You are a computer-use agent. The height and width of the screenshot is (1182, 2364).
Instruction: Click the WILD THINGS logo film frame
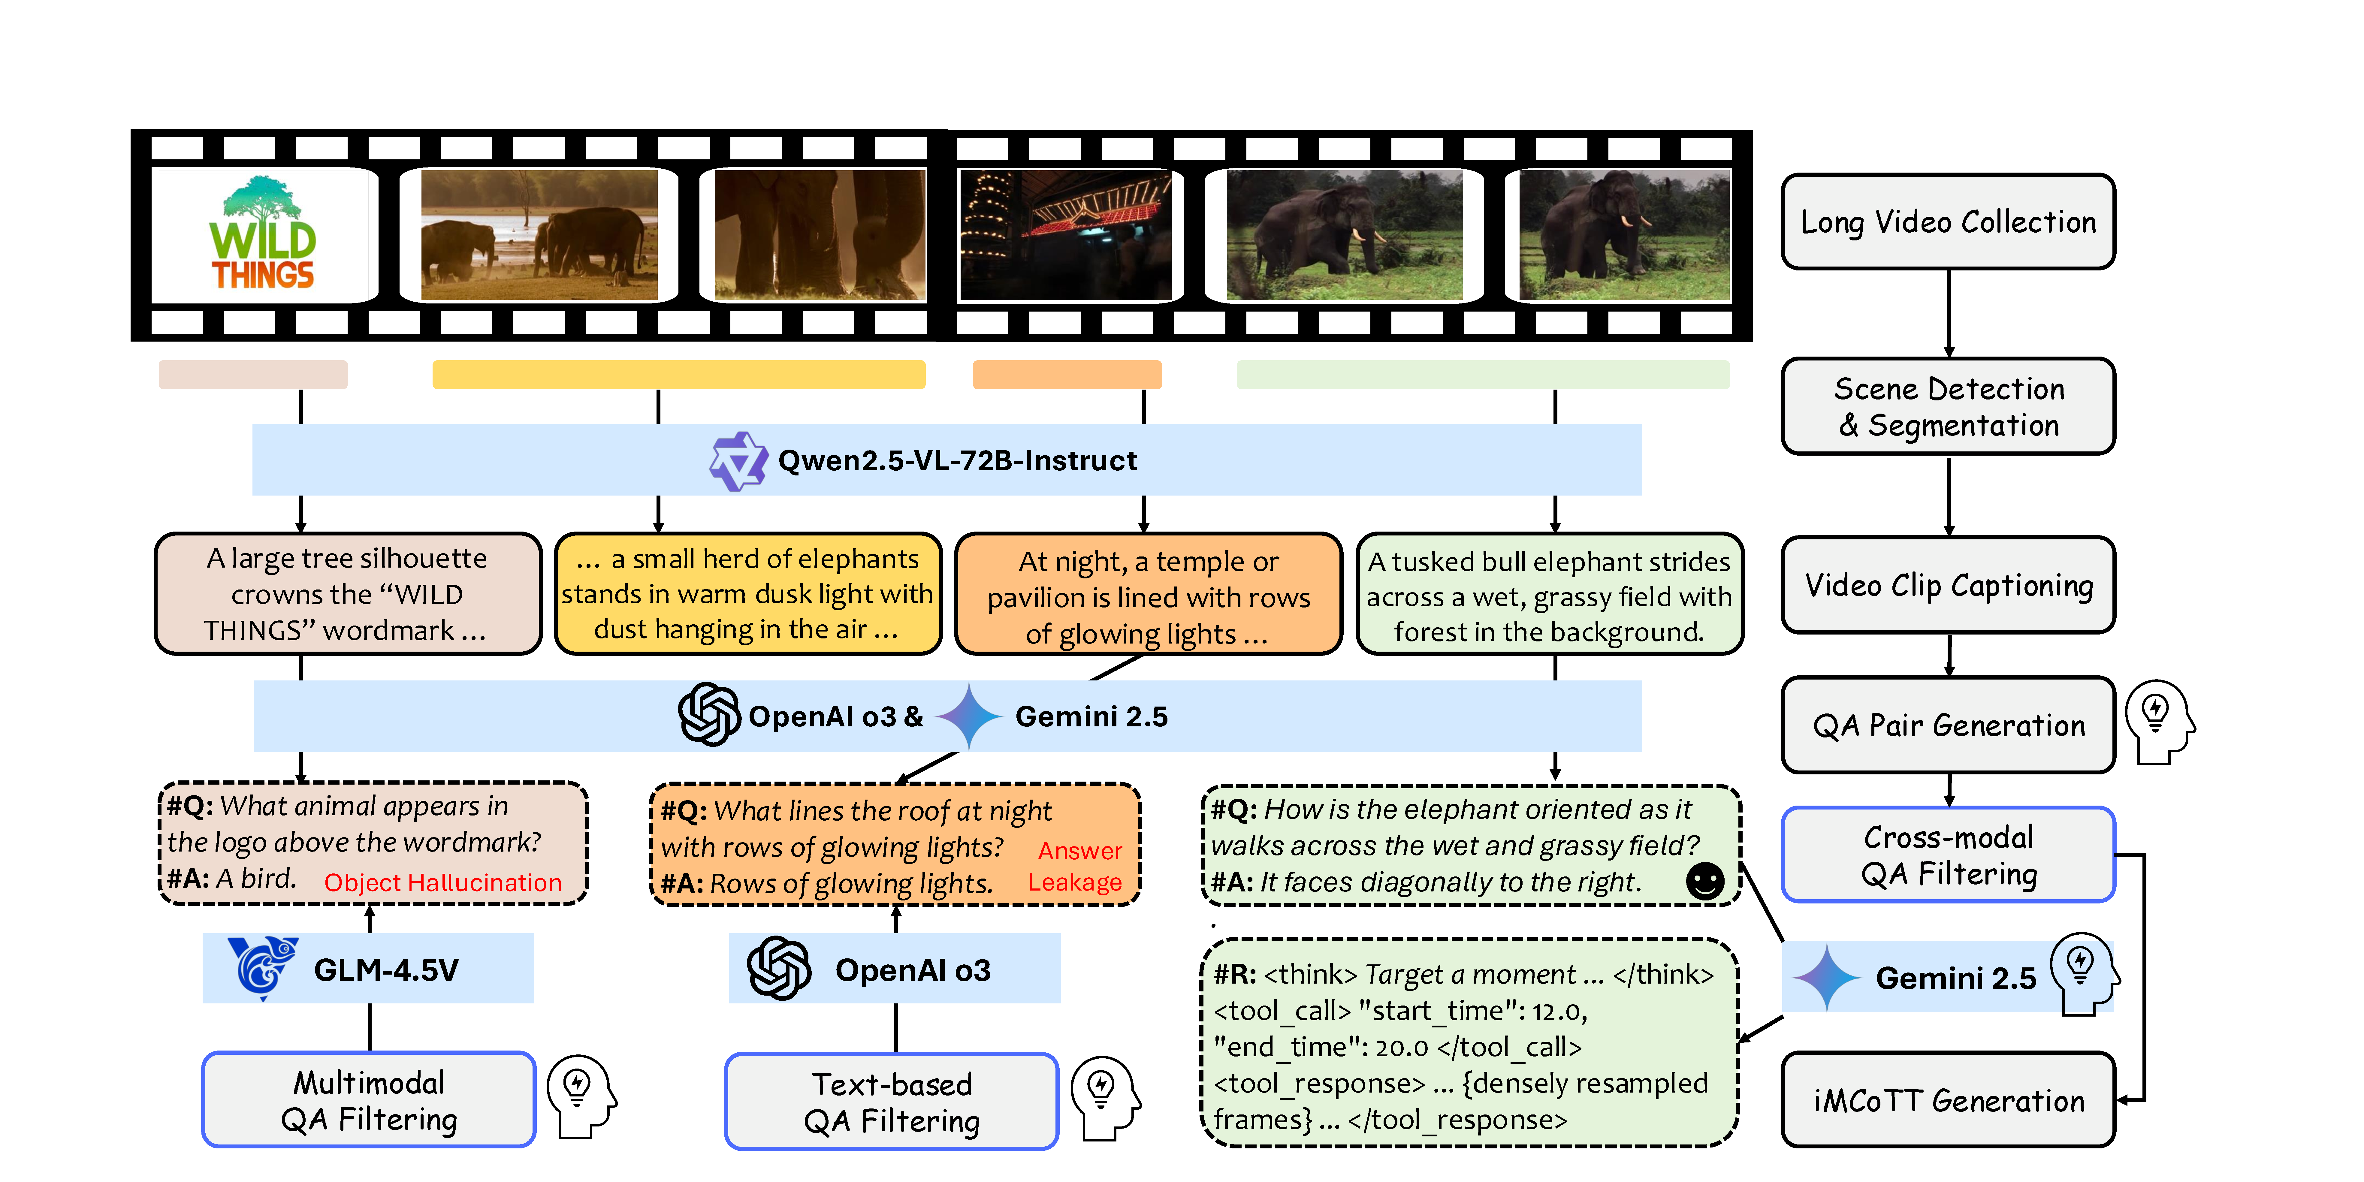click(263, 235)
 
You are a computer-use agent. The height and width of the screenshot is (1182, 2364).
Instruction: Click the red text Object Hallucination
click(442, 883)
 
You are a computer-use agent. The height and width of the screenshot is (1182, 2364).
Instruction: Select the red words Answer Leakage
click(1077, 866)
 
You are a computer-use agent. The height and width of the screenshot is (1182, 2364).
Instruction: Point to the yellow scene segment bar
click(678, 374)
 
